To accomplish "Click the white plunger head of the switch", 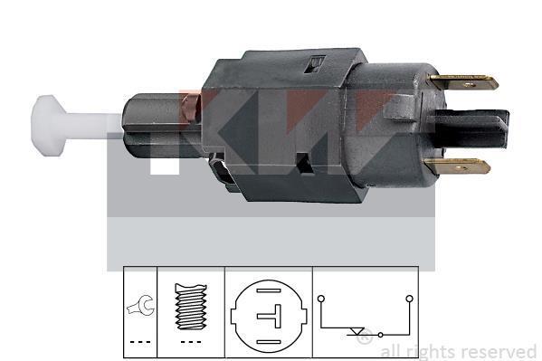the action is point(48,125).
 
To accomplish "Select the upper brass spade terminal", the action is point(463,82).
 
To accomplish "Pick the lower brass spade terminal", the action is point(458,166).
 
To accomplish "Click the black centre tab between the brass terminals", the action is point(471,128).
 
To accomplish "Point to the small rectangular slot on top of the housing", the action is point(315,64).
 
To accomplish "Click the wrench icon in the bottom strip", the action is point(141,305).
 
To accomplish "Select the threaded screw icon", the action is point(191,307).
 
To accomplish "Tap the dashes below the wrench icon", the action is point(140,342).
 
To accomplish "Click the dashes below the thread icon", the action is point(191,342).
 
